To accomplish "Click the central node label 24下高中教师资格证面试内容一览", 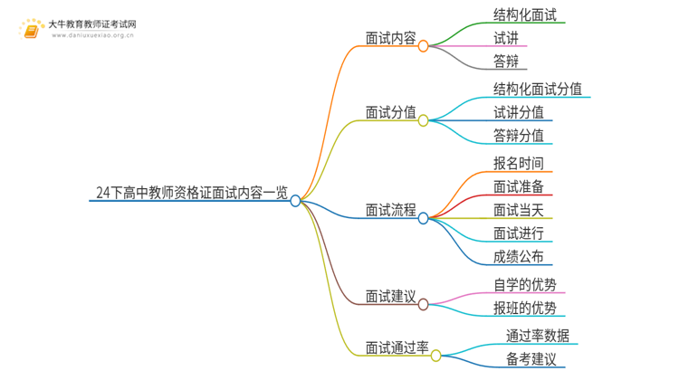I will [x=192, y=192].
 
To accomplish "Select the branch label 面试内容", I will [x=390, y=39].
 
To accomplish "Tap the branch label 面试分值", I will [x=390, y=113].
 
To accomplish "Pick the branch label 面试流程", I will [x=390, y=211].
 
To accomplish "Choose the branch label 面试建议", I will [x=390, y=296].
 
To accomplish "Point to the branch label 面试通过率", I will [x=397, y=347].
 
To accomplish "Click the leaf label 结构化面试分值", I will [x=538, y=89].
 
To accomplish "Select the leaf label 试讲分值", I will [x=519, y=112].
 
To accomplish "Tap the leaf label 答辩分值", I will [x=519, y=136].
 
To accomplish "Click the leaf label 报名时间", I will [x=519, y=164].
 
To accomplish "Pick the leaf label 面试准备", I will [x=519, y=187].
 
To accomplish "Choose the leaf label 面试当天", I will [x=519, y=211].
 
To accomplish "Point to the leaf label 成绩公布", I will [x=519, y=256].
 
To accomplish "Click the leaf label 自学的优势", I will [x=525, y=285].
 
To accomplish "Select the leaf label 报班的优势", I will [x=525, y=309].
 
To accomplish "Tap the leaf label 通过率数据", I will [x=538, y=336].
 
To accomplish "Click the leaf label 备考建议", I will [x=531, y=359].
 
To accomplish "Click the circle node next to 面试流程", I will [x=423, y=218].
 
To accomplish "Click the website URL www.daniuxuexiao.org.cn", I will [x=93, y=36].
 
